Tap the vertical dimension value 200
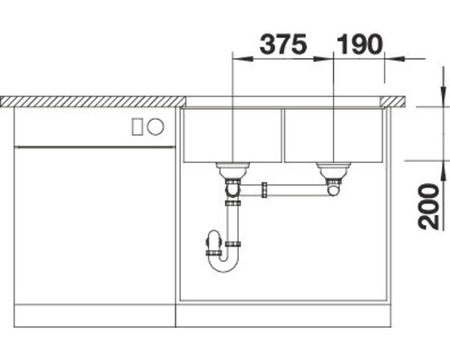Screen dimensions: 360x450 (x=429, y=205)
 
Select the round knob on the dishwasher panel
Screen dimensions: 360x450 (x=155, y=128)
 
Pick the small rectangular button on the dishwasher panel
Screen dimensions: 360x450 (x=138, y=128)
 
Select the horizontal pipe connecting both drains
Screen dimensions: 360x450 (x=292, y=190)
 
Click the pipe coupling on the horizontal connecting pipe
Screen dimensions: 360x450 (x=265, y=190)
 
